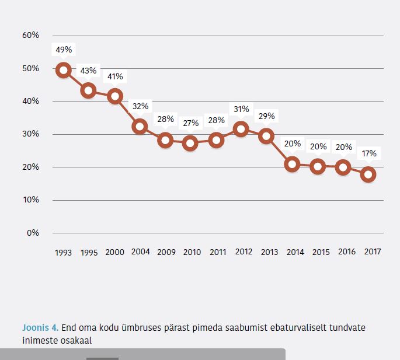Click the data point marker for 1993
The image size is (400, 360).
point(63,71)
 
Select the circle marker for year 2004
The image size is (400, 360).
point(140,126)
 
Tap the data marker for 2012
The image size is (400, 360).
point(241,129)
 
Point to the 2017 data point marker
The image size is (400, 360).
point(368,174)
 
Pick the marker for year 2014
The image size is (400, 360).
point(293,164)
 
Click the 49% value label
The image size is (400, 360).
point(64,49)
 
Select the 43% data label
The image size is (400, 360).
point(88,71)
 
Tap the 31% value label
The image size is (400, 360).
point(241,109)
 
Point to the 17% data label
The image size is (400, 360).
point(368,154)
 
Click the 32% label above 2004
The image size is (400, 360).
point(140,106)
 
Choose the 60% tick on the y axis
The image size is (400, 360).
point(30,35)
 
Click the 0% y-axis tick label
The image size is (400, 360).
point(33,233)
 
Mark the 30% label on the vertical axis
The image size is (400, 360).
point(30,134)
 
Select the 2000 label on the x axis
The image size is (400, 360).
point(114,253)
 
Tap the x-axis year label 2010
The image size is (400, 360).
point(192,253)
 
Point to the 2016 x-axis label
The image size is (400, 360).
point(346,252)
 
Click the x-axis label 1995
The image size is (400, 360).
point(89,253)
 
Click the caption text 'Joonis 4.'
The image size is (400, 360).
point(40,327)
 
